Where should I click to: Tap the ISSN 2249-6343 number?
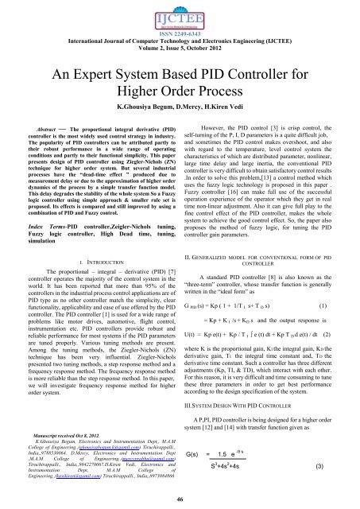180,36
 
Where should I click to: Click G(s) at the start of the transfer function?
195,453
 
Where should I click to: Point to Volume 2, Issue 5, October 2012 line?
180,54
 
